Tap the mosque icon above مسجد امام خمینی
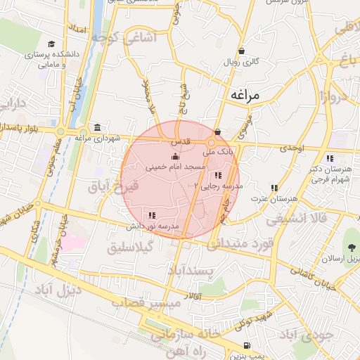click(175, 156)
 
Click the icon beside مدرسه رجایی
click(219, 174)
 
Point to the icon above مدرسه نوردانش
click(152, 215)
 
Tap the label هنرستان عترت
click(274, 200)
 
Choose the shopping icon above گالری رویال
click(242, 51)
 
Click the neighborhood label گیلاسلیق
click(131, 249)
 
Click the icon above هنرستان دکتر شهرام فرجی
click(330, 157)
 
